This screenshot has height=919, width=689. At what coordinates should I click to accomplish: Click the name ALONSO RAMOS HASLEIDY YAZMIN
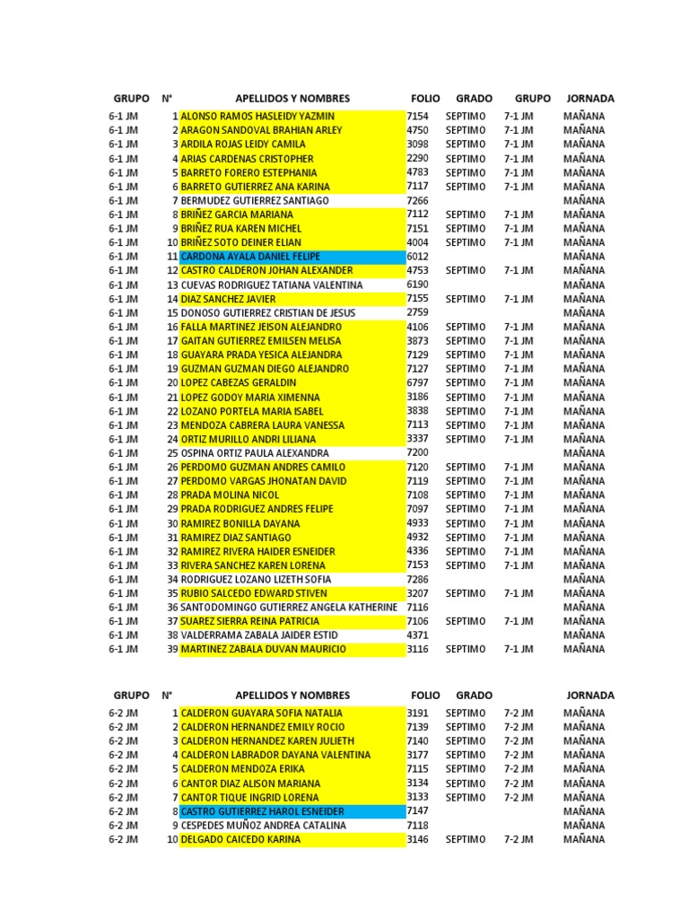click(257, 116)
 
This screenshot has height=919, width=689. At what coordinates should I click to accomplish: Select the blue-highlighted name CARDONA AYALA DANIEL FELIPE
click(250, 257)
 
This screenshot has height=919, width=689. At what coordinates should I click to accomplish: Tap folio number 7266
click(417, 200)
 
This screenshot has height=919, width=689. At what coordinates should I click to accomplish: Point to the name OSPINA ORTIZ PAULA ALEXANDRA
click(255, 453)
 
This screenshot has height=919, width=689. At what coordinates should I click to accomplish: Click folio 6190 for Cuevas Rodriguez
click(417, 284)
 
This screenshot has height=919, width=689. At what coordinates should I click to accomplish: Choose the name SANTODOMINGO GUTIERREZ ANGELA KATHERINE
click(289, 608)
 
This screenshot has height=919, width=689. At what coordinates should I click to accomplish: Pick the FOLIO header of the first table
click(425, 98)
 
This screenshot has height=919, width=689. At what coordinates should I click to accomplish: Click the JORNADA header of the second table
click(590, 696)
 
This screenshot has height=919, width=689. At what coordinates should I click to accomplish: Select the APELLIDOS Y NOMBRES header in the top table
click(292, 98)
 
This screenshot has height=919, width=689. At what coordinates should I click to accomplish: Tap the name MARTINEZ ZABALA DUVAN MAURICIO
click(263, 649)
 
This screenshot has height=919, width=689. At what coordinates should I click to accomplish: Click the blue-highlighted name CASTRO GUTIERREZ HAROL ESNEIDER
click(262, 811)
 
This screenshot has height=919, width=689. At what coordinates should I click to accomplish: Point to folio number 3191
click(417, 713)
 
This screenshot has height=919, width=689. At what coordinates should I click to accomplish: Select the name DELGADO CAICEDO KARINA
click(240, 839)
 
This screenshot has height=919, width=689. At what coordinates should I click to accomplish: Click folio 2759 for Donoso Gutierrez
click(417, 312)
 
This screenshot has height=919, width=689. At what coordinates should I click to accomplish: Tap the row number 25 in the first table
click(172, 453)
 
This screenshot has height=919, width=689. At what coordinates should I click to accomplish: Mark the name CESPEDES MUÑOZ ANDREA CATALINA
click(263, 826)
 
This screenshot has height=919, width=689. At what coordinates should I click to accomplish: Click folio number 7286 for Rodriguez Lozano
click(417, 580)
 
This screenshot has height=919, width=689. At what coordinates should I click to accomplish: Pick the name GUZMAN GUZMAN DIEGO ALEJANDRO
click(265, 369)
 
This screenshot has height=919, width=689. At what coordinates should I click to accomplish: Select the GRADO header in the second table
click(474, 696)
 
